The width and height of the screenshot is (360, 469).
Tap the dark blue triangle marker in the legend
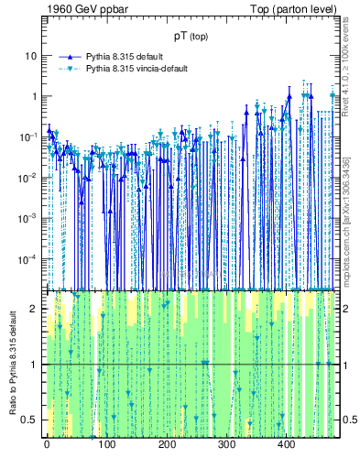click(x=71, y=56)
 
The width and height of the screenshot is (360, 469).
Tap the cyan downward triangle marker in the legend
click(x=71, y=69)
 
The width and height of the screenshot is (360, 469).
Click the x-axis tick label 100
click(x=106, y=445)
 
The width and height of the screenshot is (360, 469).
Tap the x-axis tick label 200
click(x=166, y=445)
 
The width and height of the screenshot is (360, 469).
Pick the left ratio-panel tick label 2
click(x=35, y=309)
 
